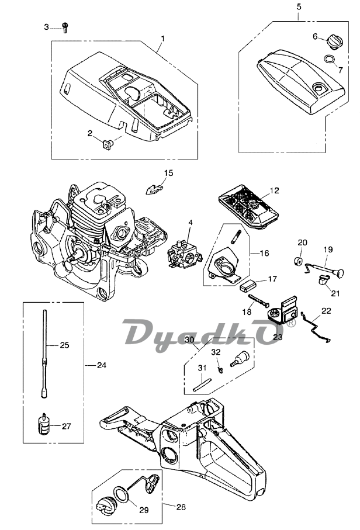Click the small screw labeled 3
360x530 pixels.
[x=65, y=27]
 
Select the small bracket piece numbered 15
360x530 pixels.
[x=154, y=188]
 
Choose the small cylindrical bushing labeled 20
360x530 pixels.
[x=298, y=262]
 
